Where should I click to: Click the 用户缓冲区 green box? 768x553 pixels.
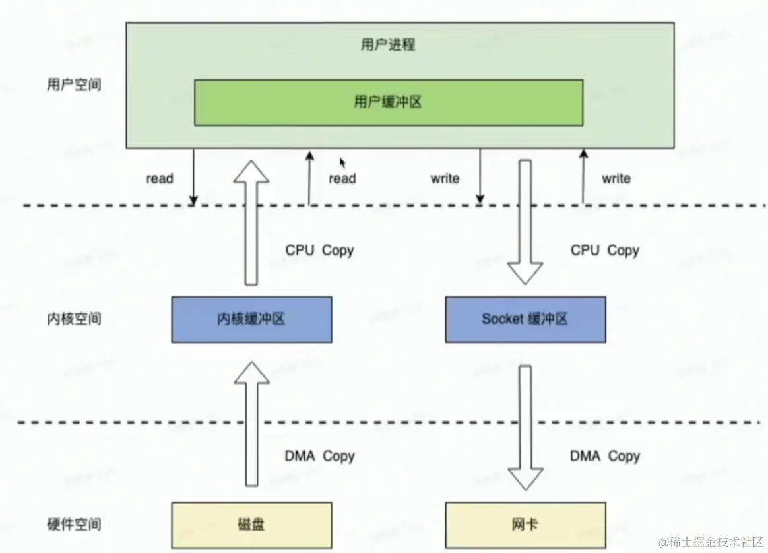(x=388, y=102)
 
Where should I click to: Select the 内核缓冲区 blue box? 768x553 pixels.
(x=251, y=319)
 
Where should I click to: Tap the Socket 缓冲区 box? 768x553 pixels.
(x=525, y=319)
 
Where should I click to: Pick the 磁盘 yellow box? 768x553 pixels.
(x=251, y=525)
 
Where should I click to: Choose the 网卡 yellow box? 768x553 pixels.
(x=525, y=525)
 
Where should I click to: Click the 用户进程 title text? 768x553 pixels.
(x=388, y=45)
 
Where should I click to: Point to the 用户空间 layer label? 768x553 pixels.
(x=75, y=85)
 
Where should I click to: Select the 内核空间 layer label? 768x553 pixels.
(x=75, y=319)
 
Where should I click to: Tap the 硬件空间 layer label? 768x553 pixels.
(x=75, y=525)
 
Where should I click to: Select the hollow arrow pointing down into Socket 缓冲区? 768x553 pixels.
(x=525, y=221)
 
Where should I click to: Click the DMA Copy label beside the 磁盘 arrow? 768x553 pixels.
(x=319, y=456)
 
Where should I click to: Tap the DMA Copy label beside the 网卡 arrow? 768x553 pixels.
(x=604, y=456)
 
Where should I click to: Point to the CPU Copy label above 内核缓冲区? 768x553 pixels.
(x=319, y=251)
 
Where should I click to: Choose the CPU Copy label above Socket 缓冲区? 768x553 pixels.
(x=604, y=251)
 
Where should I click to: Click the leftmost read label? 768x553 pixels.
(x=160, y=178)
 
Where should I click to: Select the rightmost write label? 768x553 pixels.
(x=616, y=178)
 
